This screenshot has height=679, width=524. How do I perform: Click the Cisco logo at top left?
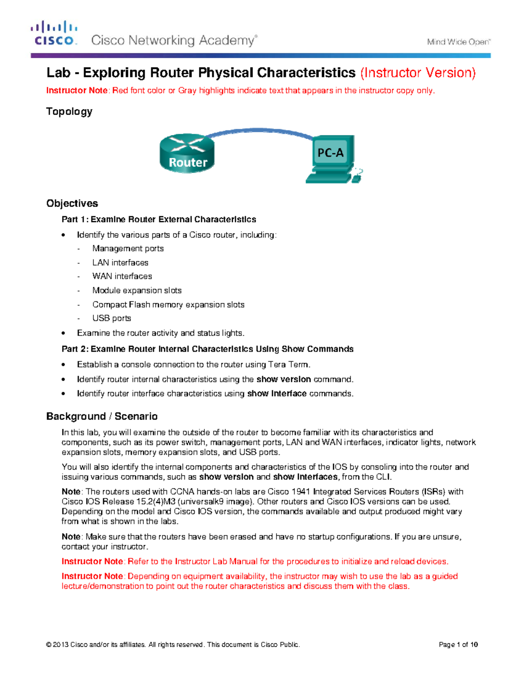coord(54,33)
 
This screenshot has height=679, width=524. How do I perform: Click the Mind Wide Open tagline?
coord(458,42)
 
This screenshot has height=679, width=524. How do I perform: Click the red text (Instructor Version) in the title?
coord(418,73)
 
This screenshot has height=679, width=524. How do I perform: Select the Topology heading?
coord(69,111)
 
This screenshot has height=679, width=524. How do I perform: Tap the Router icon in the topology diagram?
coord(187,153)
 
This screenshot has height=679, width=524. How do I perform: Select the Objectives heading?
coord(72,203)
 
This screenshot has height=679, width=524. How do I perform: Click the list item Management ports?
coord(128,248)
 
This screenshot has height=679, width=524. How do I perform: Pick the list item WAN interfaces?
coord(122,276)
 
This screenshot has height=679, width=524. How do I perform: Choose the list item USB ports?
coord(112,318)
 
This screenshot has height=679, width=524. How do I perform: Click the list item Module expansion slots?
coord(137,290)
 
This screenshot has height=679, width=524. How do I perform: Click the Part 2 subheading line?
coord(207,349)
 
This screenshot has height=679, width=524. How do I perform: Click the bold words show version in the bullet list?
coord(283,379)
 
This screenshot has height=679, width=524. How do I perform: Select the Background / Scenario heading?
coord(102,416)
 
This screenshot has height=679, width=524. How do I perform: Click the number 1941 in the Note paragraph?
coord(300,491)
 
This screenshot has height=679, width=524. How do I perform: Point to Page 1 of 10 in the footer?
coord(458,644)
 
